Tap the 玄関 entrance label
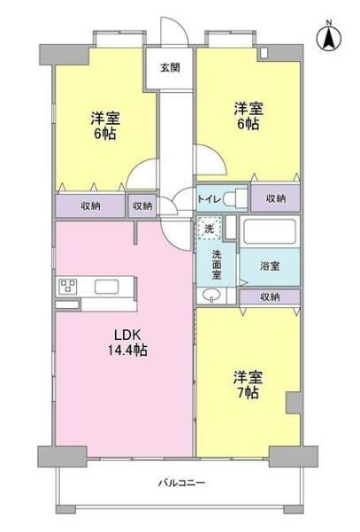(171, 68)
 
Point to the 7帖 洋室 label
(247, 385)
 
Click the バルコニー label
(182, 483)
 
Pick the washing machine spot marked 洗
(210, 229)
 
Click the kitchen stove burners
(69, 286)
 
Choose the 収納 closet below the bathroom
(271, 297)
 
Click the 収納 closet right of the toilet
(275, 199)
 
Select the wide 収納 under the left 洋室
(90, 205)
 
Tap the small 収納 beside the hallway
(142, 205)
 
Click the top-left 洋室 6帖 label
(104, 126)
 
